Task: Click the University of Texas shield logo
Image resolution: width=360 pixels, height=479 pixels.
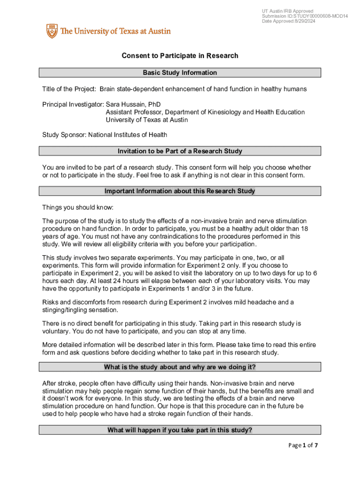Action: point(51,31)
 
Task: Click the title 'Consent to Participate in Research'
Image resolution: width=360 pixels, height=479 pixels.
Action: point(180,56)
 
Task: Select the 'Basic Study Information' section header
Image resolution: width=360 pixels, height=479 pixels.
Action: point(180,73)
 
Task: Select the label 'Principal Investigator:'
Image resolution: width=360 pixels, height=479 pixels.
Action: point(73,104)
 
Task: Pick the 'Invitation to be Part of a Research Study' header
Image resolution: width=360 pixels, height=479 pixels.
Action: point(180,151)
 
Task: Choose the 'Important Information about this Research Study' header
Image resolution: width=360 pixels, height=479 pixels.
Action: point(180,191)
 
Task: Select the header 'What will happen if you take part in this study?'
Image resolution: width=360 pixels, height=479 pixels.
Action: point(180,430)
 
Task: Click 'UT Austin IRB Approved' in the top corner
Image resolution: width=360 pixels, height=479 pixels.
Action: point(288,11)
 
